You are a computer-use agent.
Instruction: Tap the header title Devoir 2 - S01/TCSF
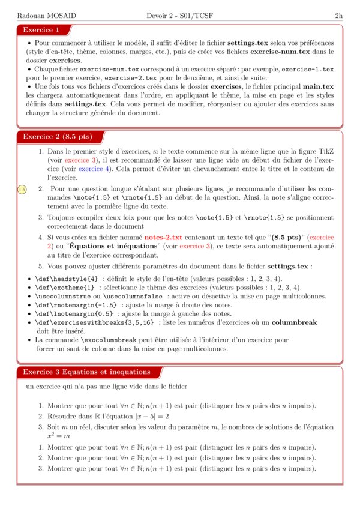[x=179, y=15]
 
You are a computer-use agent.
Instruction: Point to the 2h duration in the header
[x=338, y=15]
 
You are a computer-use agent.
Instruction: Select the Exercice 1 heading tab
[x=41, y=30]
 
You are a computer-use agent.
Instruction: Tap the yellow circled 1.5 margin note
[x=22, y=190]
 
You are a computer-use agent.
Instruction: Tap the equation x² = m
[x=58, y=436]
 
